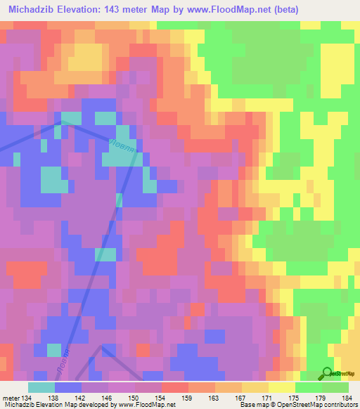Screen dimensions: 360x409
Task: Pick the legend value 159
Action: pyautogui.click(x=188, y=398)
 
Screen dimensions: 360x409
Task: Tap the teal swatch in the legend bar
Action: pyautogui.click(x=41, y=387)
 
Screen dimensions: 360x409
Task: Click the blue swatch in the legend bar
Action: pyautogui.click(x=68, y=387)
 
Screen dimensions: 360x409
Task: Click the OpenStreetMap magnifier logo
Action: pyautogui.click(x=328, y=373)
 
